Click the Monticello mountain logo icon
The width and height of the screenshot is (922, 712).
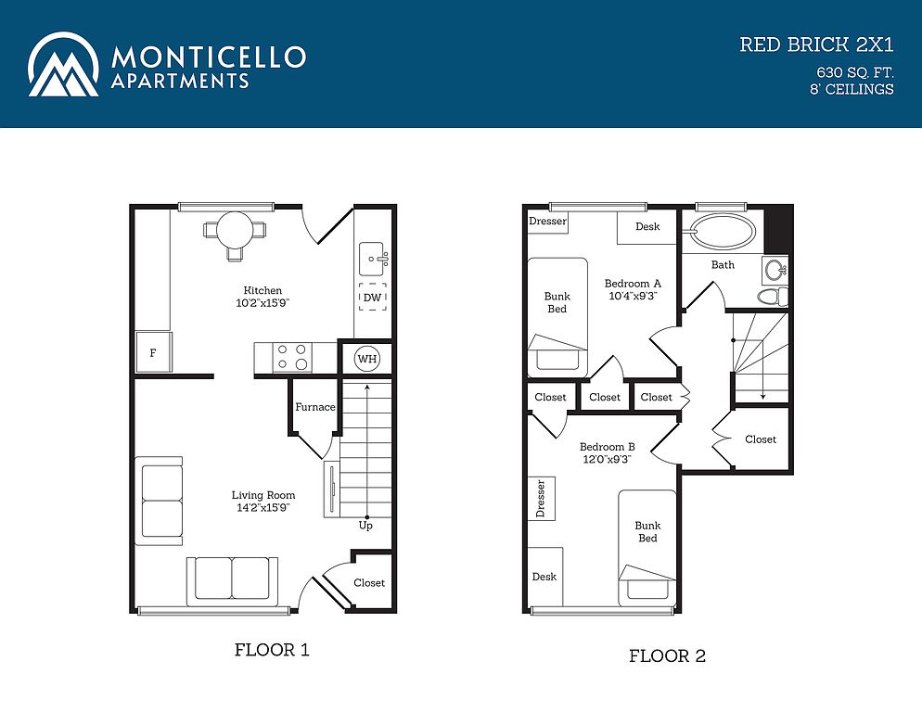[63, 65]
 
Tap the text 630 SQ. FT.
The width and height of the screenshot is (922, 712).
[855, 73]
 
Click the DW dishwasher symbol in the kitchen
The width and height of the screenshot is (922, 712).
[373, 297]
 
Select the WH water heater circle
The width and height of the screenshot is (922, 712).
[367, 359]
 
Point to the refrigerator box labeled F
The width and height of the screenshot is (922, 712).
[153, 352]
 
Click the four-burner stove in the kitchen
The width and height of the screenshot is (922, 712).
[292, 357]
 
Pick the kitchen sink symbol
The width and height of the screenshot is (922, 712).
[374, 259]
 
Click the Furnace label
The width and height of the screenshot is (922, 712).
[315, 407]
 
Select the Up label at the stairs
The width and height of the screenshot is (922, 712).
[365, 525]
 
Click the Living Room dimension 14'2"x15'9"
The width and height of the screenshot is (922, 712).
[263, 507]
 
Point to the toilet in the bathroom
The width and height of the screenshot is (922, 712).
[773, 297]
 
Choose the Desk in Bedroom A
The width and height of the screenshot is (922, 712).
[647, 227]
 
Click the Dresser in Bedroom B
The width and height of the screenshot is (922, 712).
[542, 499]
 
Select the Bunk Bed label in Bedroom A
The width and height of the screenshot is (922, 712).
[557, 302]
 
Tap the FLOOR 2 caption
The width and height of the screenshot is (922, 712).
[668, 655]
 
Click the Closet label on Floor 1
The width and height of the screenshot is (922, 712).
[369, 582]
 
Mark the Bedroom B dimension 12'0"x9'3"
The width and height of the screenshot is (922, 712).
[607, 459]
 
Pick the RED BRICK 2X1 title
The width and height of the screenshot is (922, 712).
[817, 44]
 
